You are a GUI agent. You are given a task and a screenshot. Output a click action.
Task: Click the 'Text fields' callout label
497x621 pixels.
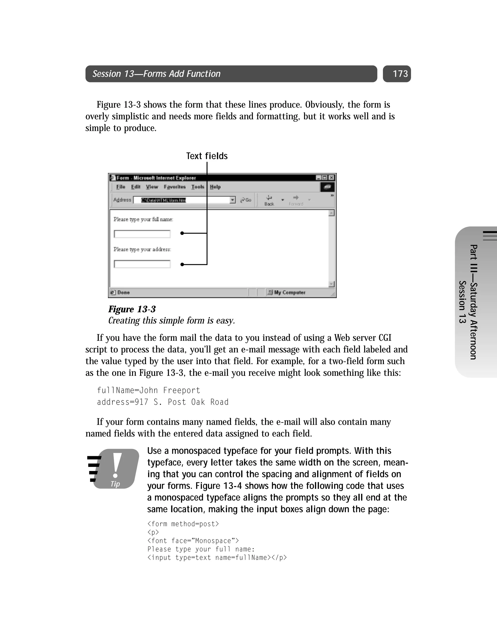coord(207,156)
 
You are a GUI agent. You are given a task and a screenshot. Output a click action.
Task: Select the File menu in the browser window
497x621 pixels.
coord(121,187)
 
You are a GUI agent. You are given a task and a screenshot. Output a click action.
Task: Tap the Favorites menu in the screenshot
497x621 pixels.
coord(174,187)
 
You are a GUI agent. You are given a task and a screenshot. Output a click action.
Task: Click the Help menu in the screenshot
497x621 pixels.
coord(215,187)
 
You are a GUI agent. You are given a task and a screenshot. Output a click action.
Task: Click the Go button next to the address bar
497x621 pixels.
coord(246,200)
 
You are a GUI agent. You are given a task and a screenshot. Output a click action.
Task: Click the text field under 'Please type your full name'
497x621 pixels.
coord(142,234)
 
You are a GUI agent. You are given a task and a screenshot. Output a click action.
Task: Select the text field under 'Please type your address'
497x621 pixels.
coord(142,264)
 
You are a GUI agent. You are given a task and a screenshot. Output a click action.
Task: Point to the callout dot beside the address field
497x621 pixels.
coord(182,264)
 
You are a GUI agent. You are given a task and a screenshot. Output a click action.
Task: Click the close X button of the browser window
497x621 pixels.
coord(332,178)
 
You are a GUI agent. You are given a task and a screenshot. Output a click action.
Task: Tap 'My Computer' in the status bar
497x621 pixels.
coord(289,292)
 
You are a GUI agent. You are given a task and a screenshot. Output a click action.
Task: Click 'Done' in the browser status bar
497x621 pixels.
coord(123,292)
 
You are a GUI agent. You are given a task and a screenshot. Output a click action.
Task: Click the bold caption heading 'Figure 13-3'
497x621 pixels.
coord(132,309)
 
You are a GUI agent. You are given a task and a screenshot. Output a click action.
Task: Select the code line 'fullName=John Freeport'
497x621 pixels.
coord(148,390)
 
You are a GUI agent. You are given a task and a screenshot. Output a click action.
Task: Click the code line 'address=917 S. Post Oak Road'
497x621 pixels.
coord(162,402)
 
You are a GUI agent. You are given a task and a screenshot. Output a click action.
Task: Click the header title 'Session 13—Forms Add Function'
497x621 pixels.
coord(156,74)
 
